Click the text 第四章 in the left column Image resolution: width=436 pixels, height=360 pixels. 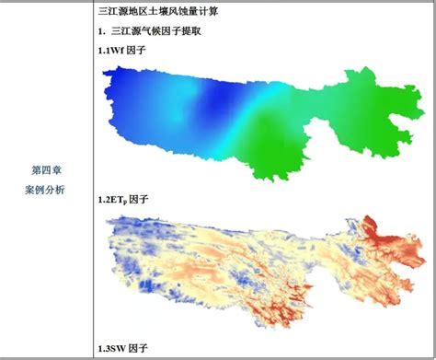(x=46, y=170)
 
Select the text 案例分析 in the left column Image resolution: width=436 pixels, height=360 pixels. (x=46, y=189)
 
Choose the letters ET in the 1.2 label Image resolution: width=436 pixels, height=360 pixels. (x=115, y=200)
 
